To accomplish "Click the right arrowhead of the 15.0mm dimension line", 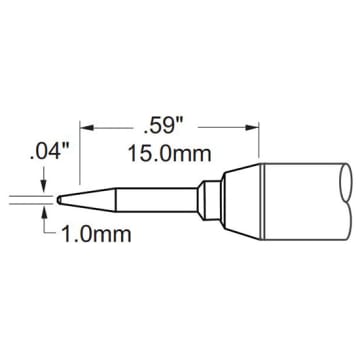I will (243, 127).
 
